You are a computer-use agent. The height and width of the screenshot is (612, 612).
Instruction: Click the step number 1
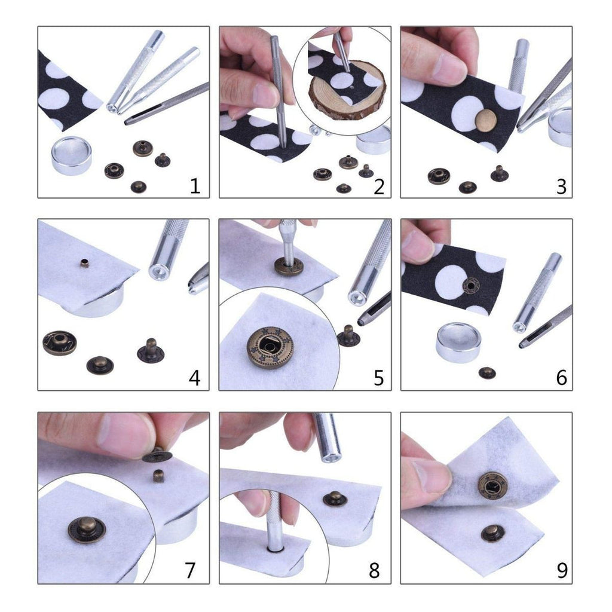194,186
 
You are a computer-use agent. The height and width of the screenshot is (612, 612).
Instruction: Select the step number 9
562,571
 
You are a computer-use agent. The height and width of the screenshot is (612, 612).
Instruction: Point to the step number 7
190,571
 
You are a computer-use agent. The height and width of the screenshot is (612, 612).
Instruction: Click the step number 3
561,186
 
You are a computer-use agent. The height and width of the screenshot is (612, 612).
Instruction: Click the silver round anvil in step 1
72,154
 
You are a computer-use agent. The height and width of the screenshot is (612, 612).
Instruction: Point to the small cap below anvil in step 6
487,373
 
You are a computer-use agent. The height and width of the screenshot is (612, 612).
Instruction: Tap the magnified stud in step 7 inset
86,529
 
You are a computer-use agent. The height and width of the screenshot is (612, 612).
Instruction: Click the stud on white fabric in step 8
335,498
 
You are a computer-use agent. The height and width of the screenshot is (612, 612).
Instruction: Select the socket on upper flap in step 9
492,485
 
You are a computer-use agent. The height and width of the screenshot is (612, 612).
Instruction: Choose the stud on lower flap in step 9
492,532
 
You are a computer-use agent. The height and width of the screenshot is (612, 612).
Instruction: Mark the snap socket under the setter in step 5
289,266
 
